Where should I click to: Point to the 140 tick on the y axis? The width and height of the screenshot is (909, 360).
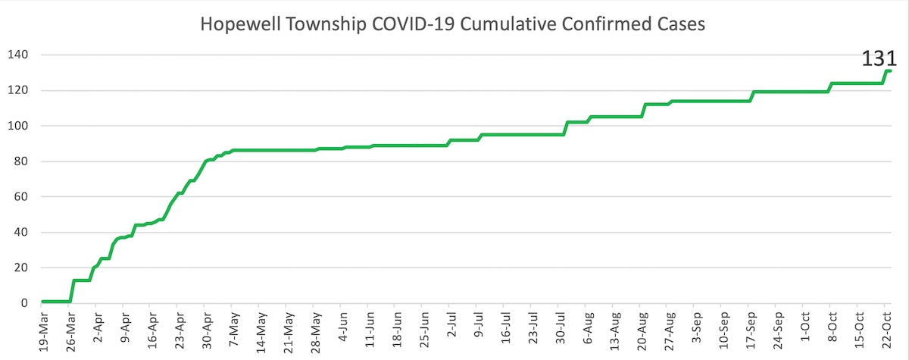coord(18,55)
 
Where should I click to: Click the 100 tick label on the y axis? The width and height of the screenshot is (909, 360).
coord(18,126)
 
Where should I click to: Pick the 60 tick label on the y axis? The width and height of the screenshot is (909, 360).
coord(21,197)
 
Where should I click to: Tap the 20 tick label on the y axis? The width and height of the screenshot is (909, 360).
coord(21,268)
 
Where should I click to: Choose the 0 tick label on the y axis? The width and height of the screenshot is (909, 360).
coord(24,303)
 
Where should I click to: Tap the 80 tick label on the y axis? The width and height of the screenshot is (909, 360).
coord(21,161)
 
